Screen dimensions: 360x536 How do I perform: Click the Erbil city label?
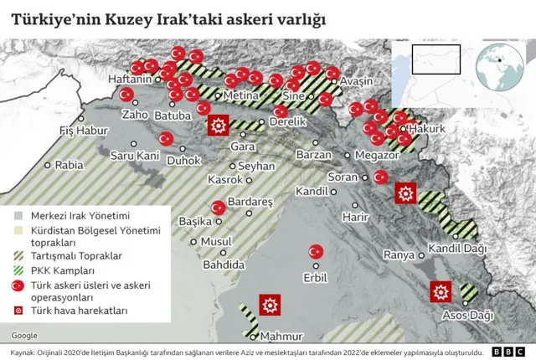314,277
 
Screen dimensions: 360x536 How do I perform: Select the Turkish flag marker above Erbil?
317,251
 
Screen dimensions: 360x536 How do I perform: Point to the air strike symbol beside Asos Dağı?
441,292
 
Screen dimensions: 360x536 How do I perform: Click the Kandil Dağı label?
457,248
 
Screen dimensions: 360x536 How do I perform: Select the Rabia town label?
69,165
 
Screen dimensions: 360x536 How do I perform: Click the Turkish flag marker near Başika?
219,208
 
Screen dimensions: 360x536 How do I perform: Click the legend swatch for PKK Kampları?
17,270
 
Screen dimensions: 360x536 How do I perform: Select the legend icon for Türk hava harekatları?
17,311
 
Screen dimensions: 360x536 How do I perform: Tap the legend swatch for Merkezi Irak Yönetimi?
17,215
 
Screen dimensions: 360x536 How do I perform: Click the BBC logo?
507,352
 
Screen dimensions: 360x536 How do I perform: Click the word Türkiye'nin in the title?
61,18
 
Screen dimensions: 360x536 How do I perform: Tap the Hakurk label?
426,129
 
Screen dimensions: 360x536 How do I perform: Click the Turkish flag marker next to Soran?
380,177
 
